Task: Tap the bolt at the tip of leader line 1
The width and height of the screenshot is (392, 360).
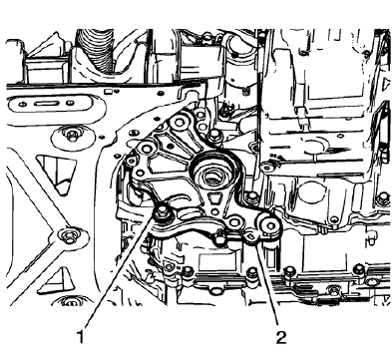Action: [161, 210]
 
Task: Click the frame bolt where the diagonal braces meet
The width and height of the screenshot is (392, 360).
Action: [67, 236]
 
